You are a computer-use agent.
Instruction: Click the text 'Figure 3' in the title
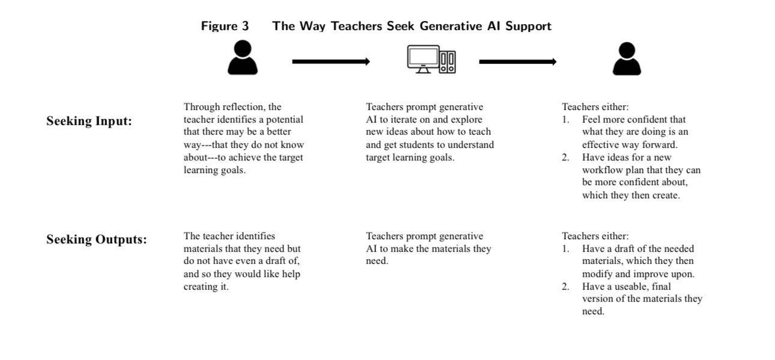point(225,26)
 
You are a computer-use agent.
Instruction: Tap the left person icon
point(243,57)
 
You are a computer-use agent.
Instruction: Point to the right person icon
point(627,58)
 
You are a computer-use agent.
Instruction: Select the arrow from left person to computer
point(331,62)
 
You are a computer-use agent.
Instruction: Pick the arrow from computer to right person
point(518,62)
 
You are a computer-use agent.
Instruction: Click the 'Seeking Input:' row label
point(90,121)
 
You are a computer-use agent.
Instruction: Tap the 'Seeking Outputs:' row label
point(97,239)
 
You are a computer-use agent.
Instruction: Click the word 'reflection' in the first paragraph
point(242,106)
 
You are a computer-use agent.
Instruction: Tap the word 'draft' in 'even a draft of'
point(277,261)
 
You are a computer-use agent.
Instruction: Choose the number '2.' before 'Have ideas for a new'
point(566,157)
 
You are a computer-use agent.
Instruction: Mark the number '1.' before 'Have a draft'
point(566,249)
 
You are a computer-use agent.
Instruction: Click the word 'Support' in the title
point(528,26)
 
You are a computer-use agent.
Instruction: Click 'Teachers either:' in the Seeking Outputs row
point(595,236)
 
